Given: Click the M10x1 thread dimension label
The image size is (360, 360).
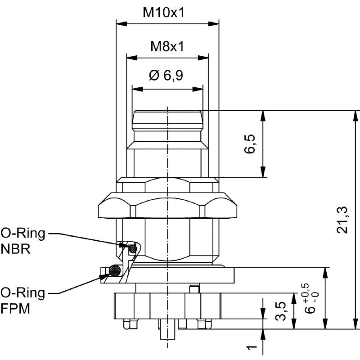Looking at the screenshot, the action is coord(163,13).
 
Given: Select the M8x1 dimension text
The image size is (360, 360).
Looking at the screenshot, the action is coord(167,46).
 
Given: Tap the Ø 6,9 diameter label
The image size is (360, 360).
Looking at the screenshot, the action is coord(166,75).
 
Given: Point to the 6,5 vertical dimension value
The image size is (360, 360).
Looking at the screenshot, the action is coord(250,144).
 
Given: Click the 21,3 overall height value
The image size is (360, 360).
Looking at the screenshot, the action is coord(342,220).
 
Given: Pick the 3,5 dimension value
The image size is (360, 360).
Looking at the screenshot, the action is coord(280,311).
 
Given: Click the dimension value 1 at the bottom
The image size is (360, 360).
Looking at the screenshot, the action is coord(252,347).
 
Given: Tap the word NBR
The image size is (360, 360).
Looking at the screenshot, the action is coord(15,249).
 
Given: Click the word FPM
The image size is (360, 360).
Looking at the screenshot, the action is coord(15,309).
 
